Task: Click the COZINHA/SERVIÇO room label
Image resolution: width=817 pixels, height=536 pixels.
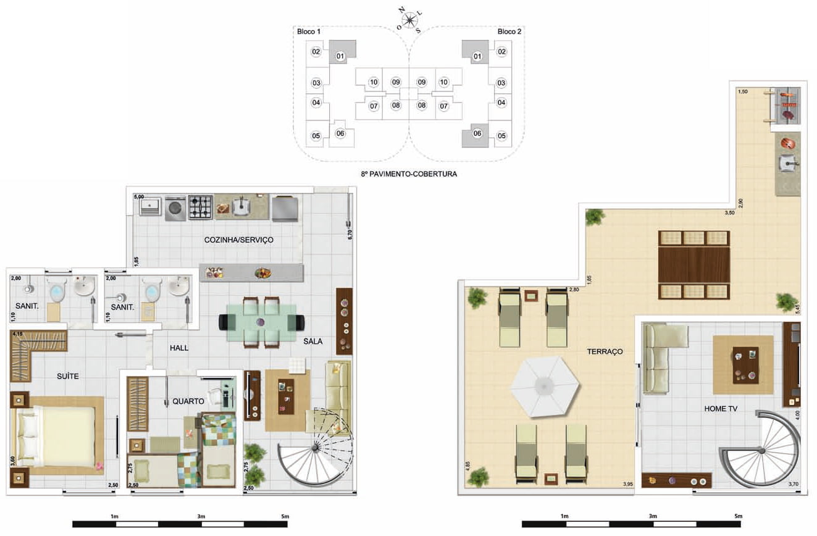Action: tap(238, 240)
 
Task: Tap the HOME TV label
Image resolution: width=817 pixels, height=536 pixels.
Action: tap(720, 409)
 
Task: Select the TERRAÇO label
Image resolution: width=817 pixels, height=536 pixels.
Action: tap(605, 352)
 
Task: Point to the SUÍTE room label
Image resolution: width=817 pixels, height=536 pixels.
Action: tap(68, 376)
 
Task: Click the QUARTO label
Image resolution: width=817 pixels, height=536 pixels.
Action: tap(188, 401)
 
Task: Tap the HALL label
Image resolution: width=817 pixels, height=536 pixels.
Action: tap(179, 348)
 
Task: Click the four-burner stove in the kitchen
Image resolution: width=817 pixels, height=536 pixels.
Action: tap(201, 207)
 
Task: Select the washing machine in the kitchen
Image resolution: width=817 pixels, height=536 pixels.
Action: tap(175, 209)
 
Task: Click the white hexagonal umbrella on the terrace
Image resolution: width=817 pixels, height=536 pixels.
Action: tap(545, 387)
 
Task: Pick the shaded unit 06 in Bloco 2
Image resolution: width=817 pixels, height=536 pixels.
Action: tap(476, 135)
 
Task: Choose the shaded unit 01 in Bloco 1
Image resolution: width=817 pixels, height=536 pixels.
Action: tap(342, 52)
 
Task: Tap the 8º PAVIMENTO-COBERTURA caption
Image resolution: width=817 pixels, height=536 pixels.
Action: tap(409, 174)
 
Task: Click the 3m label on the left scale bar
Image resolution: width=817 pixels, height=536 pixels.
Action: tap(201, 516)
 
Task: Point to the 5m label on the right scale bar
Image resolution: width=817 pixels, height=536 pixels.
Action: tap(738, 516)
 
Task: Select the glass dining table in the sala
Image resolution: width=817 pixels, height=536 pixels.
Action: tap(261, 323)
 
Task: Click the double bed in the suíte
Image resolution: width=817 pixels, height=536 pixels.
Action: tap(57, 437)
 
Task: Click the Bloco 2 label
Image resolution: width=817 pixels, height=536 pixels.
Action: tap(509, 31)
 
